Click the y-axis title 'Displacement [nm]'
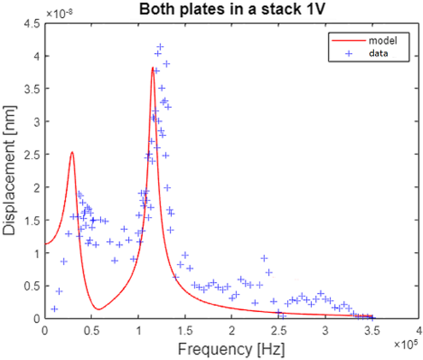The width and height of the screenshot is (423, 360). [x=10, y=168]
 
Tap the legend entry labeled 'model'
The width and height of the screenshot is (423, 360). [x=383, y=41]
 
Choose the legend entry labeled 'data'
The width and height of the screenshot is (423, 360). [x=380, y=53]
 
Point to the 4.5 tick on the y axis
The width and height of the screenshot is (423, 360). [x=34, y=24]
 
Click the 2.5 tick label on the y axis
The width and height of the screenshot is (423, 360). [x=34, y=155]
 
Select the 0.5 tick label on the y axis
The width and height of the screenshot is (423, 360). [x=34, y=286]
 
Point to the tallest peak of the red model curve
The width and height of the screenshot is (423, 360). [x=153, y=68]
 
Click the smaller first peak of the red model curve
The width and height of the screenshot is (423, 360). [x=72, y=152]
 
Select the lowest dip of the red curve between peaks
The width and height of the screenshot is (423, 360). [x=99, y=310]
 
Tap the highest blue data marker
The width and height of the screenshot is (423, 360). [x=160, y=47]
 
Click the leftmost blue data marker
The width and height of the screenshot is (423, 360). [x=54, y=309]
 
